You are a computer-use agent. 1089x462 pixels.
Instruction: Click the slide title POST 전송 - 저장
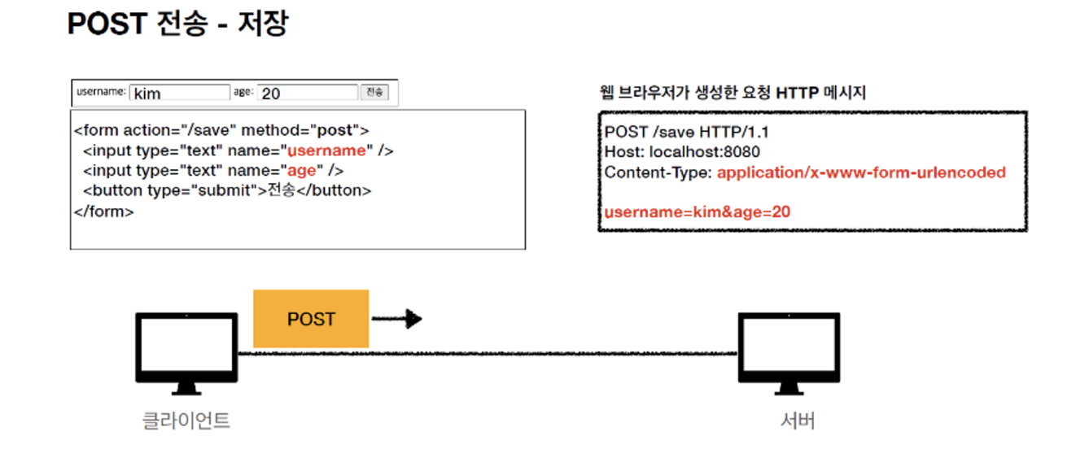click(x=177, y=24)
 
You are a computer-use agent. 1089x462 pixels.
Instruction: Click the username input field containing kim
click(x=180, y=93)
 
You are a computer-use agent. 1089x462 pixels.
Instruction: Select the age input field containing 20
click(x=308, y=93)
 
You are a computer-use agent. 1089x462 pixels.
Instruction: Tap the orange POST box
click(x=311, y=319)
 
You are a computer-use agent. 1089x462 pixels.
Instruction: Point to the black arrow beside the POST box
click(x=397, y=319)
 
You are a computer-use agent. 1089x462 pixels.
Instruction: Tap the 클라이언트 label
click(x=186, y=421)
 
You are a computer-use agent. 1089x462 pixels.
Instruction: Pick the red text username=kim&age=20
click(x=697, y=211)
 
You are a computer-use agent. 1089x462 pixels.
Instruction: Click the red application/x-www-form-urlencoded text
click(x=861, y=172)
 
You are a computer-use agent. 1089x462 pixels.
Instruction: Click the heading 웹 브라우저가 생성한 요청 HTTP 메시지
click(x=732, y=93)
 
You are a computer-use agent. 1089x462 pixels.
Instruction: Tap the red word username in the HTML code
click(x=327, y=150)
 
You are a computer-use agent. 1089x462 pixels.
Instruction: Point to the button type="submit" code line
click(x=226, y=190)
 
